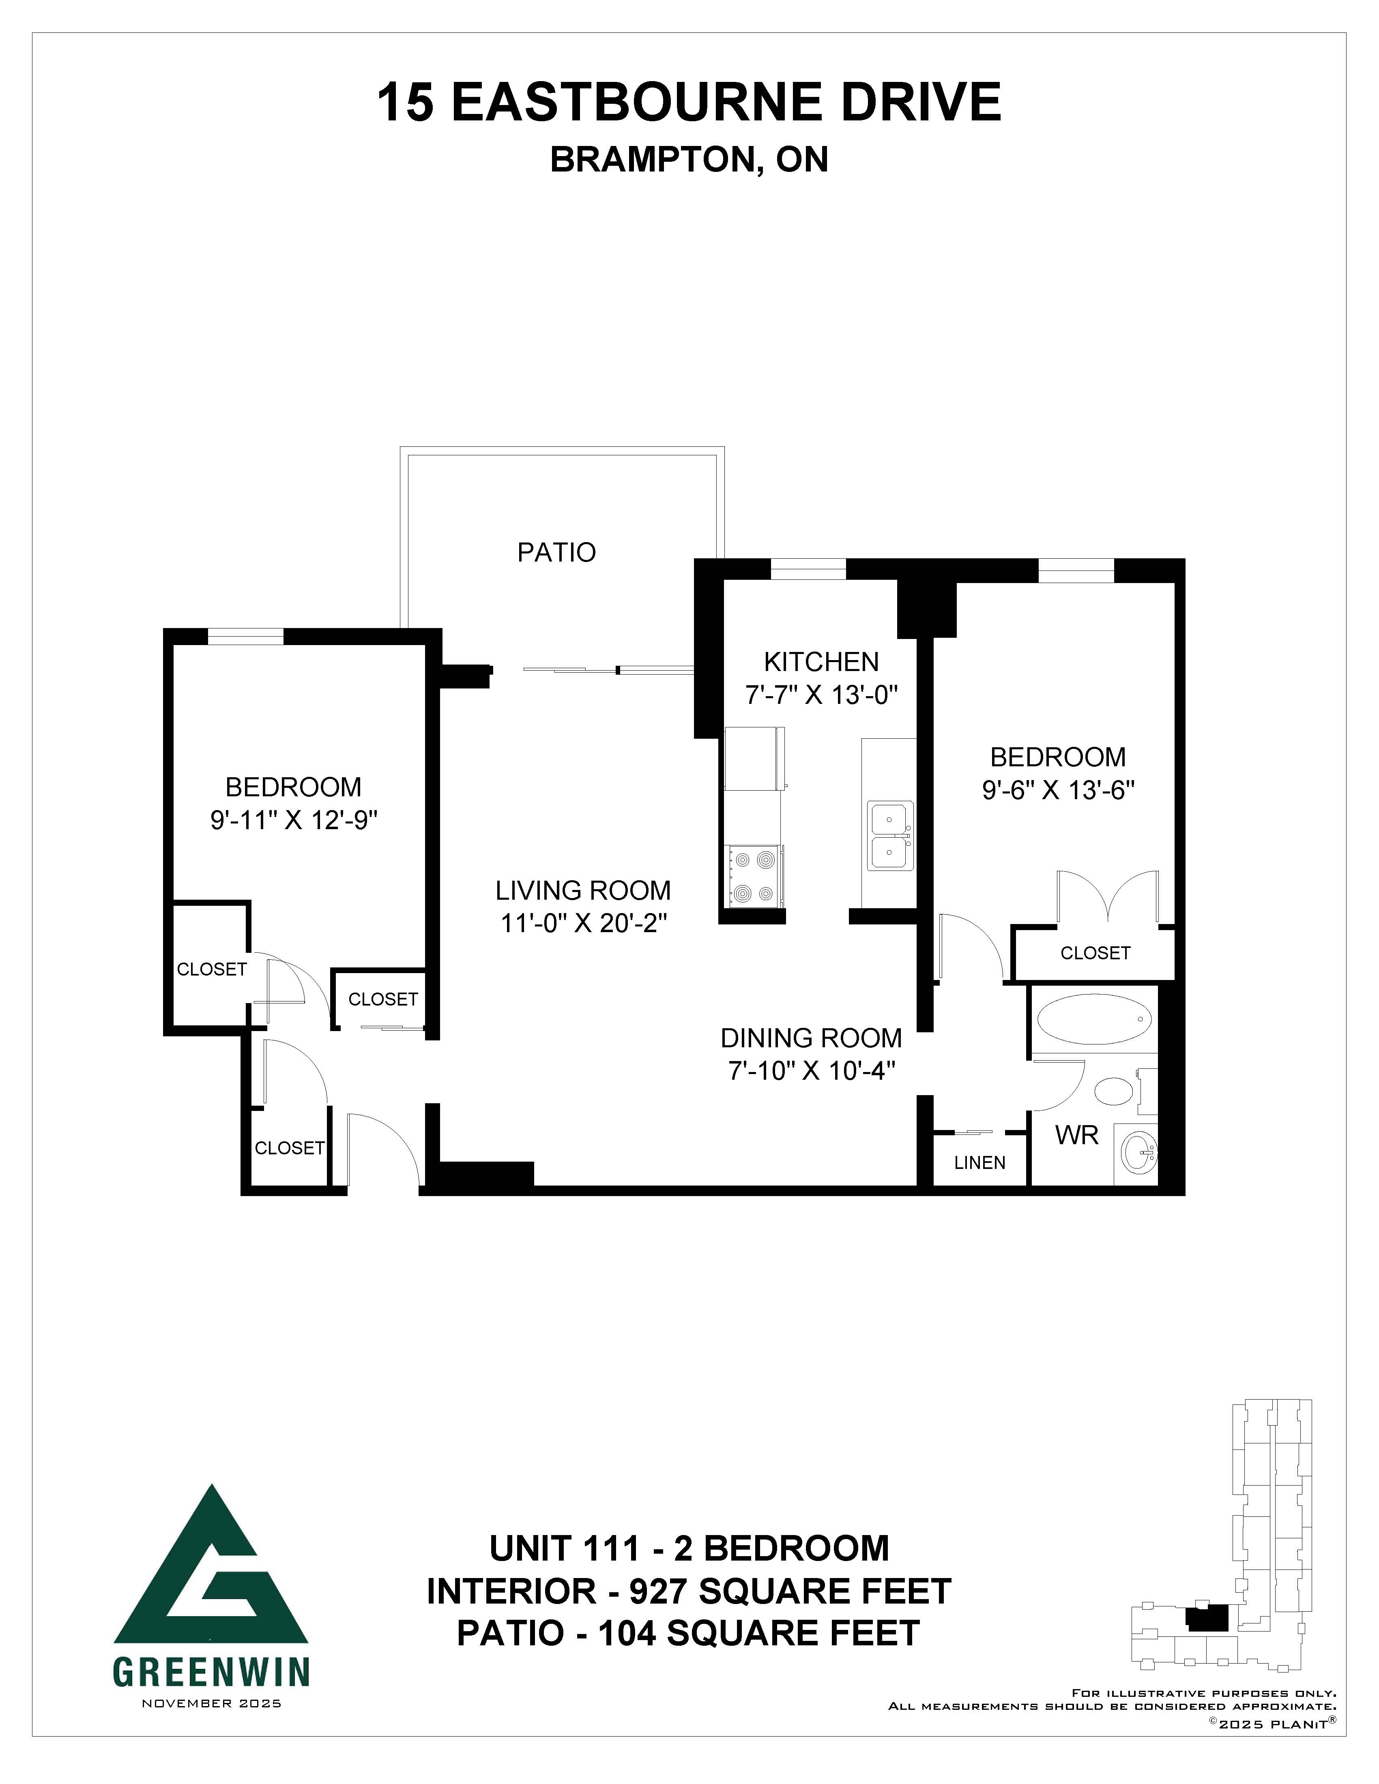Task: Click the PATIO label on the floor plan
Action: pyautogui.click(x=556, y=553)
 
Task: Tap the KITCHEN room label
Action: pyautogui.click(x=821, y=662)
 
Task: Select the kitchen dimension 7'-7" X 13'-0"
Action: pyautogui.click(x=821, y=695)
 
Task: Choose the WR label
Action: pyautogui.click(x=1077, y=1135)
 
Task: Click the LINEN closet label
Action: pyautogui.click(x=979, y=1162)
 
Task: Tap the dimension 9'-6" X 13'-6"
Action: pyautogui.click(x=1058, y=791)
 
